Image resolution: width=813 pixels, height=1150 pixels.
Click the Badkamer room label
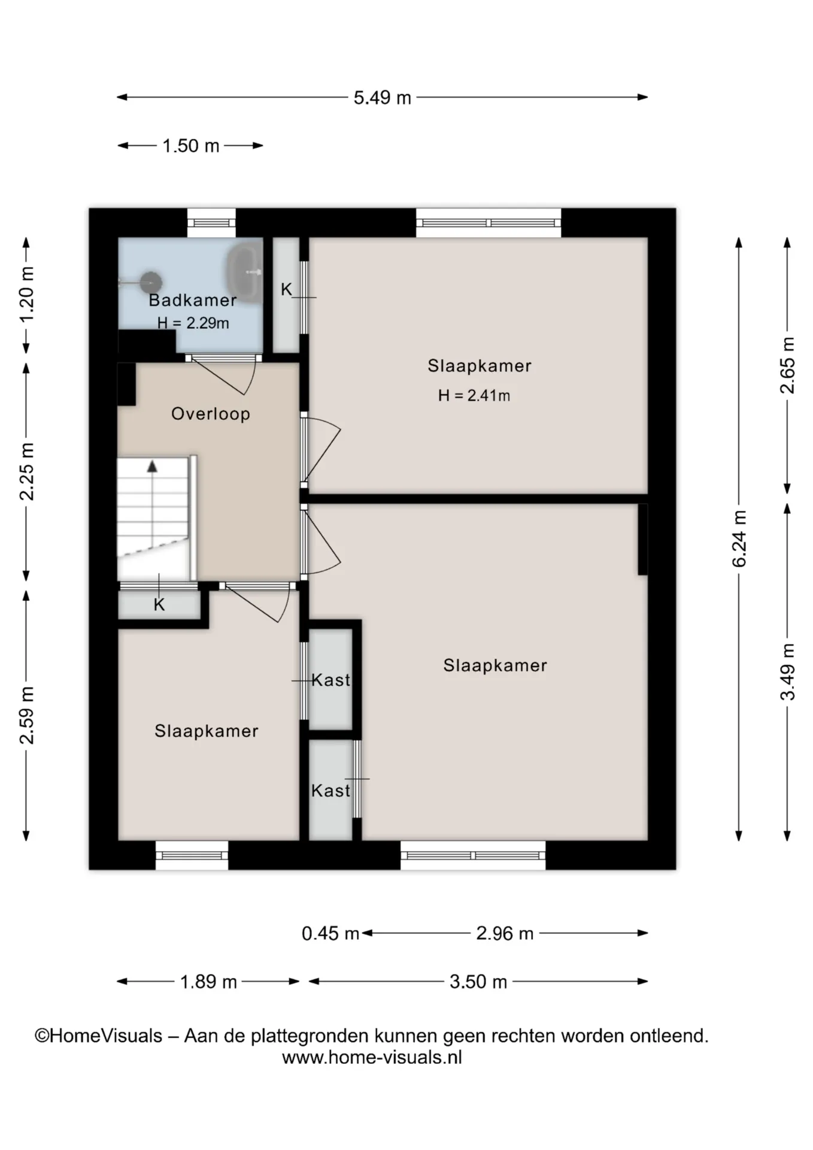(x=193, y=300)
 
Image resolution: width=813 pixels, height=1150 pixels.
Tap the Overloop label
(x=211, y=414)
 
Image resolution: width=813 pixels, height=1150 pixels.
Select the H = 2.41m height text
(x=474, y=395)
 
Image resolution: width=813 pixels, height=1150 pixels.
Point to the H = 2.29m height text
(x=193, y=323)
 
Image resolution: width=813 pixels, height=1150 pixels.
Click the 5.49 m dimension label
(x=383, y=98)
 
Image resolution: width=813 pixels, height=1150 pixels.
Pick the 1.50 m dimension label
(x=191, y=146)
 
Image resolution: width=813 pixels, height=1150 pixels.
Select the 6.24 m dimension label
(x=739, y=539)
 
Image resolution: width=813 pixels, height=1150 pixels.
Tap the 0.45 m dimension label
(x=330, y=933)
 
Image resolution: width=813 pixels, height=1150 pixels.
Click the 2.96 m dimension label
(x=505, y=933)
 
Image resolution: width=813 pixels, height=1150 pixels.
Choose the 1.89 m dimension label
(x=209, y=982)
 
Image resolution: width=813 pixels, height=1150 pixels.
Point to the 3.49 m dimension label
(x=788, y=671)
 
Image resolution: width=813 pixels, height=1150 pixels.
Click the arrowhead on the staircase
(x=153, y=466)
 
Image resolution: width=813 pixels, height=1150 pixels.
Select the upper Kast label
(x=331, y=680)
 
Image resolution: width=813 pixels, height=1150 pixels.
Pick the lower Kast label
(x=331, y=791)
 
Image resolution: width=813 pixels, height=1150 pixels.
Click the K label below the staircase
(x=159, y=605)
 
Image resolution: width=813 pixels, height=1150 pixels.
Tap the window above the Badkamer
(x=211, y=223)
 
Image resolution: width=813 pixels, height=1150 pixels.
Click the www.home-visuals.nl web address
(x=372, y=1057)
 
